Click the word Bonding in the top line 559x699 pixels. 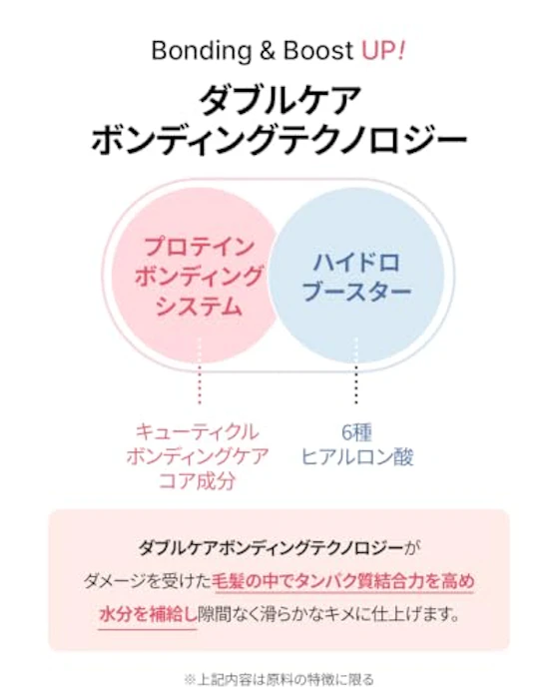(202, 51)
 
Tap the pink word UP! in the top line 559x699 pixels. (383, 50)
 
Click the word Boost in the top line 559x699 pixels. (318, 50)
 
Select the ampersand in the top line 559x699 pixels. (268, 50)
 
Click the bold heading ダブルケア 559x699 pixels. (279, 100)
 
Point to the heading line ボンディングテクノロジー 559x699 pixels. (279, 138)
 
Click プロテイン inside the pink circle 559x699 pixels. (199, 247)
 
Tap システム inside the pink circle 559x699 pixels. (199, 307)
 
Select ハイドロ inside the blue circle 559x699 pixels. (356, 262)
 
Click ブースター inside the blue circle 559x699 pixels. (356, 292)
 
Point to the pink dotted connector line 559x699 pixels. (200, 370)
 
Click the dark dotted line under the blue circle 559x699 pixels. (355, 370)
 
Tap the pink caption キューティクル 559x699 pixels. (197, 432)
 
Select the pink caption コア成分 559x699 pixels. (197, 481)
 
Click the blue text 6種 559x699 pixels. (356, 432)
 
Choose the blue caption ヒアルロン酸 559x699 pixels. (357, 457)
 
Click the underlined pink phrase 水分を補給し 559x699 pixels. (148, 615)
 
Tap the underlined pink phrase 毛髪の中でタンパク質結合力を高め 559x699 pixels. (343, 582)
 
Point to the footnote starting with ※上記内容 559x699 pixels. (279, 680)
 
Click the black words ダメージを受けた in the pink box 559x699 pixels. (148, 582)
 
